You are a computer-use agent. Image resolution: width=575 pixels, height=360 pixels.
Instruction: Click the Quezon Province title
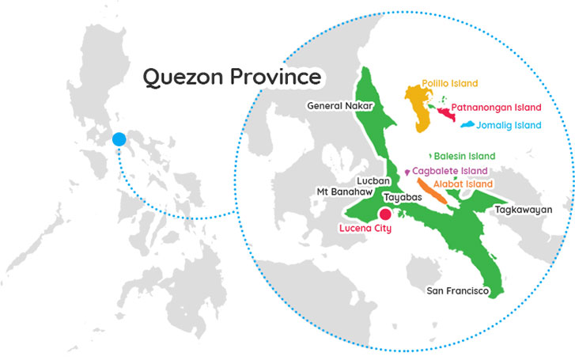[232, 78]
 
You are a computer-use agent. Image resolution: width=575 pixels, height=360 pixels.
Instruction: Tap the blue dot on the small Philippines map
[119, 139]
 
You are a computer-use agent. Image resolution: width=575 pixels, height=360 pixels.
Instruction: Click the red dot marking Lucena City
[385, 214]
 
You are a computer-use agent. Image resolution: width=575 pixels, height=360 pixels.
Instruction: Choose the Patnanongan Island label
[497, 107]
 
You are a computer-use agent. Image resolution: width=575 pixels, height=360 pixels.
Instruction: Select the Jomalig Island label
[509, 125]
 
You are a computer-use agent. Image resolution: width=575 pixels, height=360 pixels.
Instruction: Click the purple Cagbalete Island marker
[407, 172]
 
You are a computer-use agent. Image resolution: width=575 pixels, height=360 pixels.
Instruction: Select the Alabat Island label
[463, 184]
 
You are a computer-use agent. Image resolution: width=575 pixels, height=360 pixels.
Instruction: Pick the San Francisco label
[458, 291]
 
